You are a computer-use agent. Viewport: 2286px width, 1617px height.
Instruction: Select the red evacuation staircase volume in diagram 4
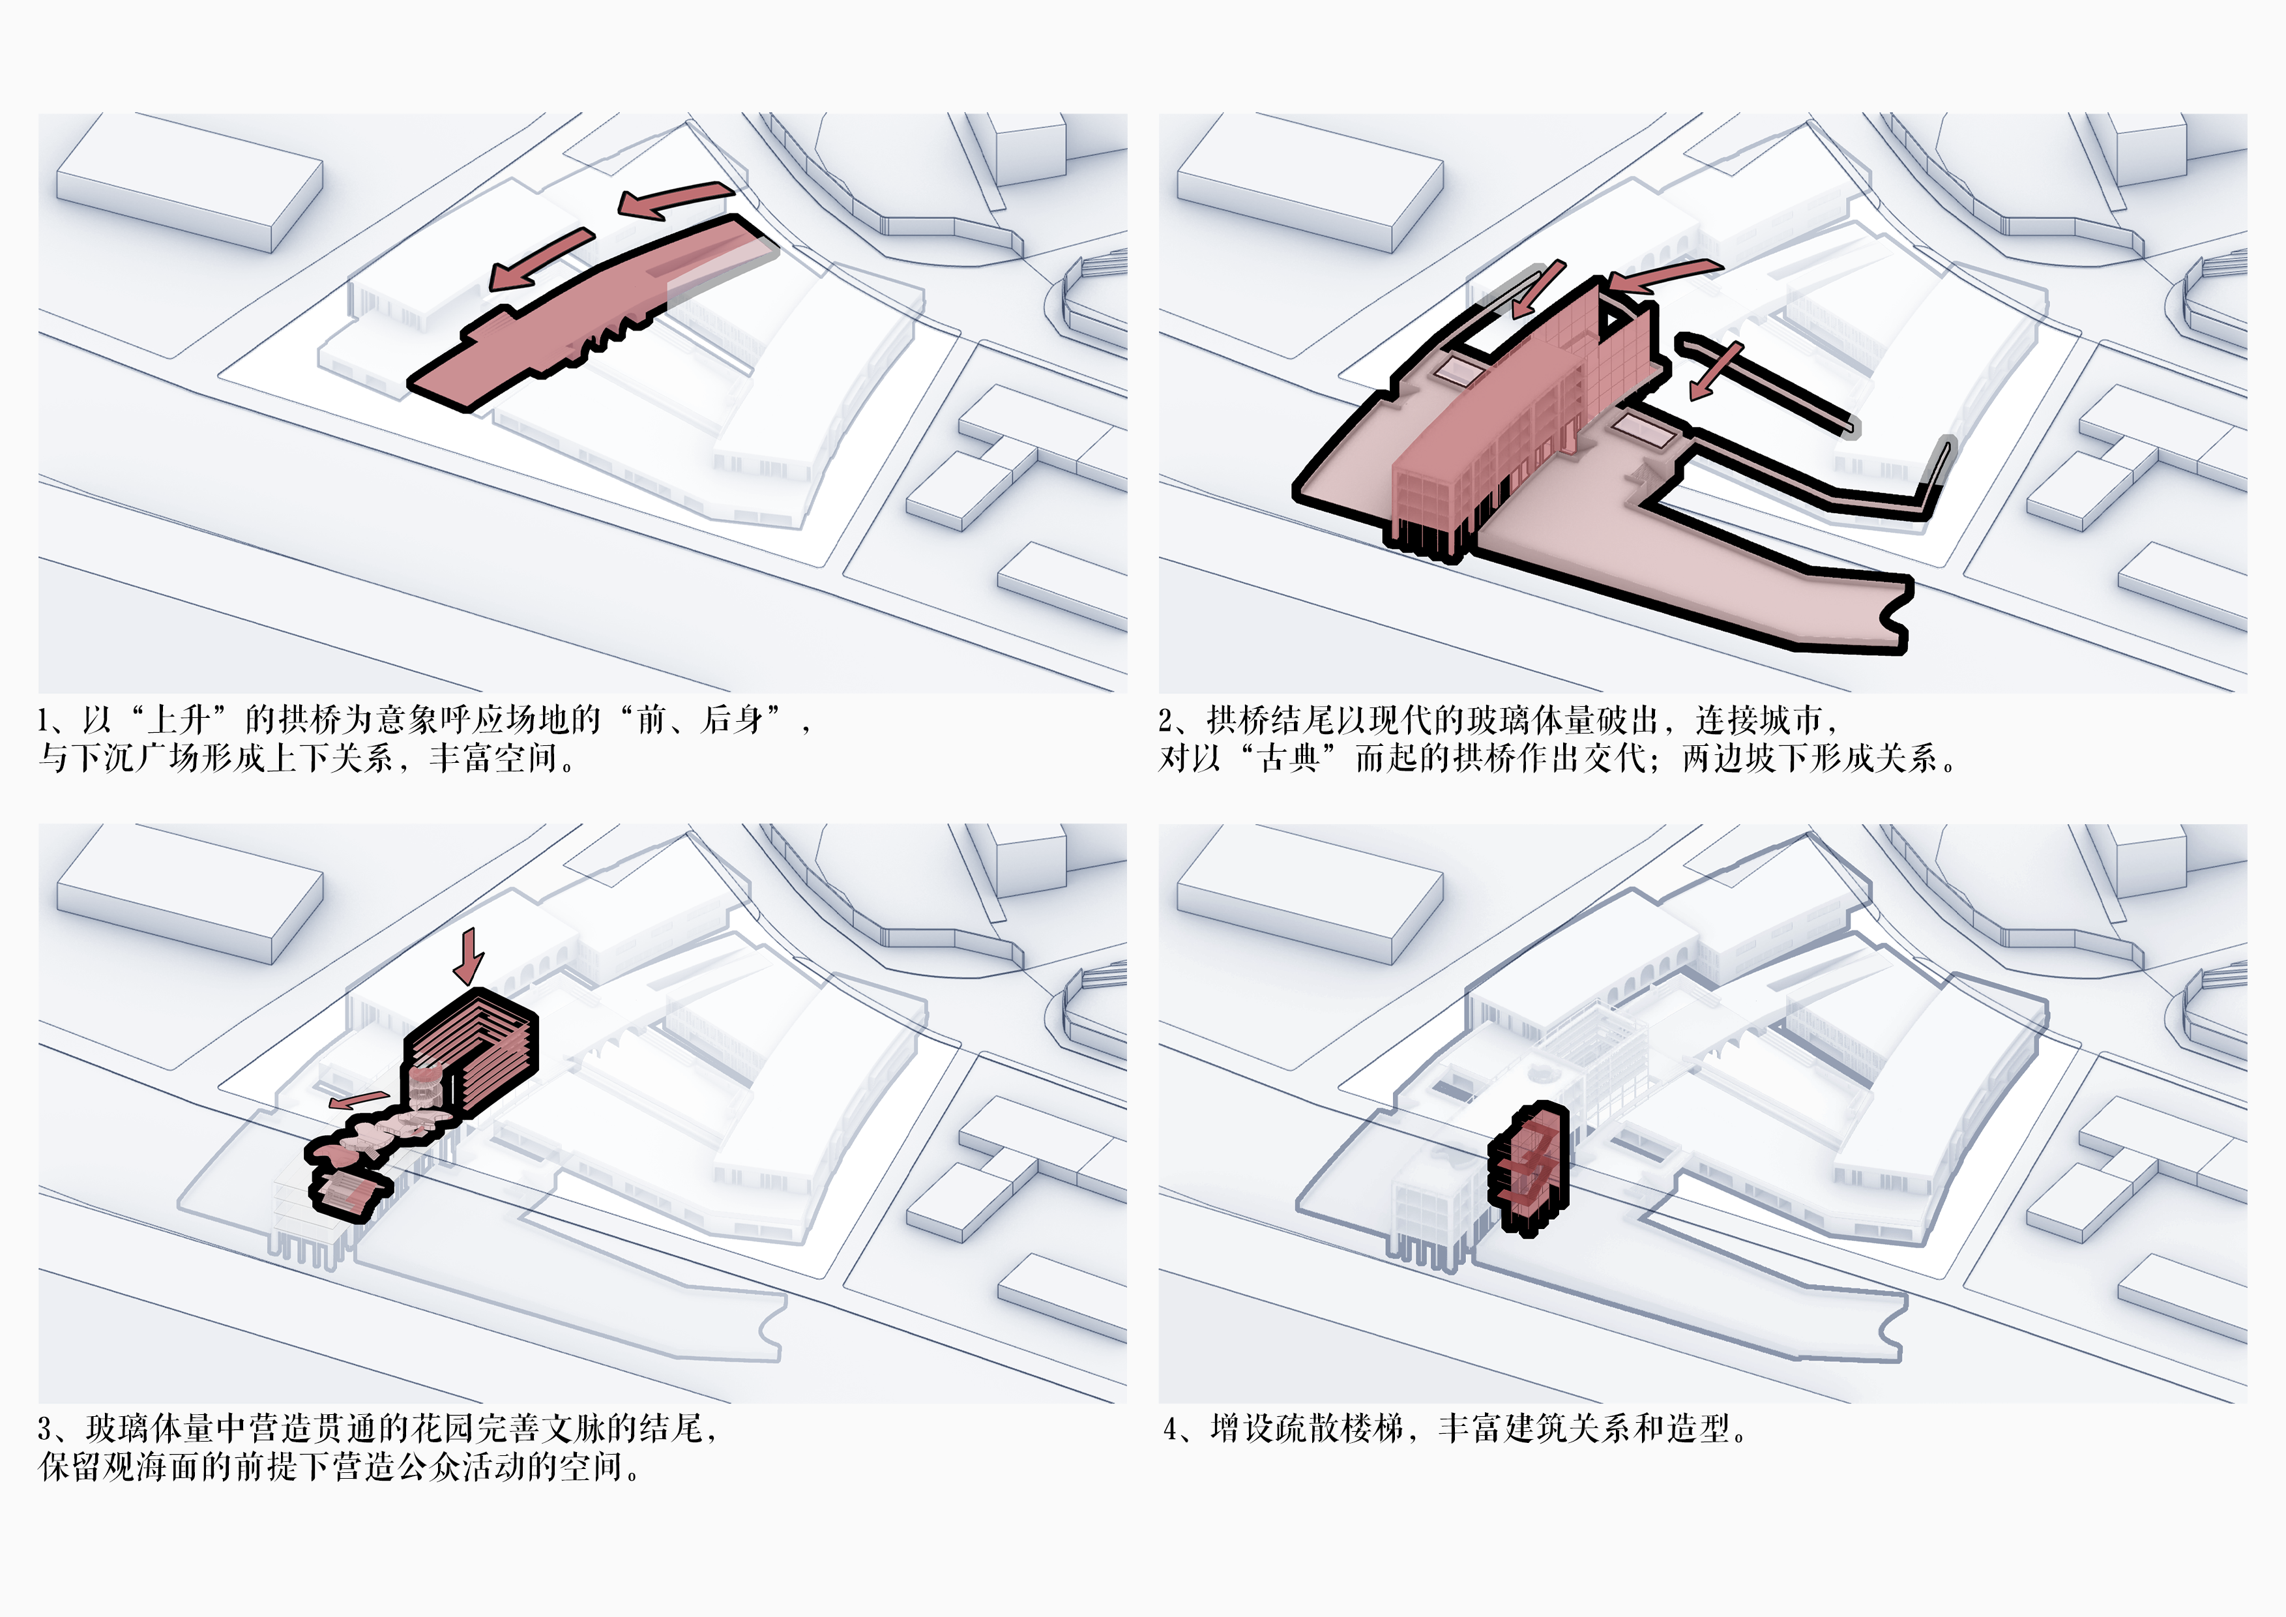coord(1529,1169)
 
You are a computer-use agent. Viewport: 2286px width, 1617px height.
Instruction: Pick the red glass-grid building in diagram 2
coord(1523,418)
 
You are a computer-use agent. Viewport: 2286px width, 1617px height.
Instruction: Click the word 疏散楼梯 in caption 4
coord(1339,1429)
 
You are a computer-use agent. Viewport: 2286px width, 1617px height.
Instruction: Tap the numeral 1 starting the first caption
coord(44,720)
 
